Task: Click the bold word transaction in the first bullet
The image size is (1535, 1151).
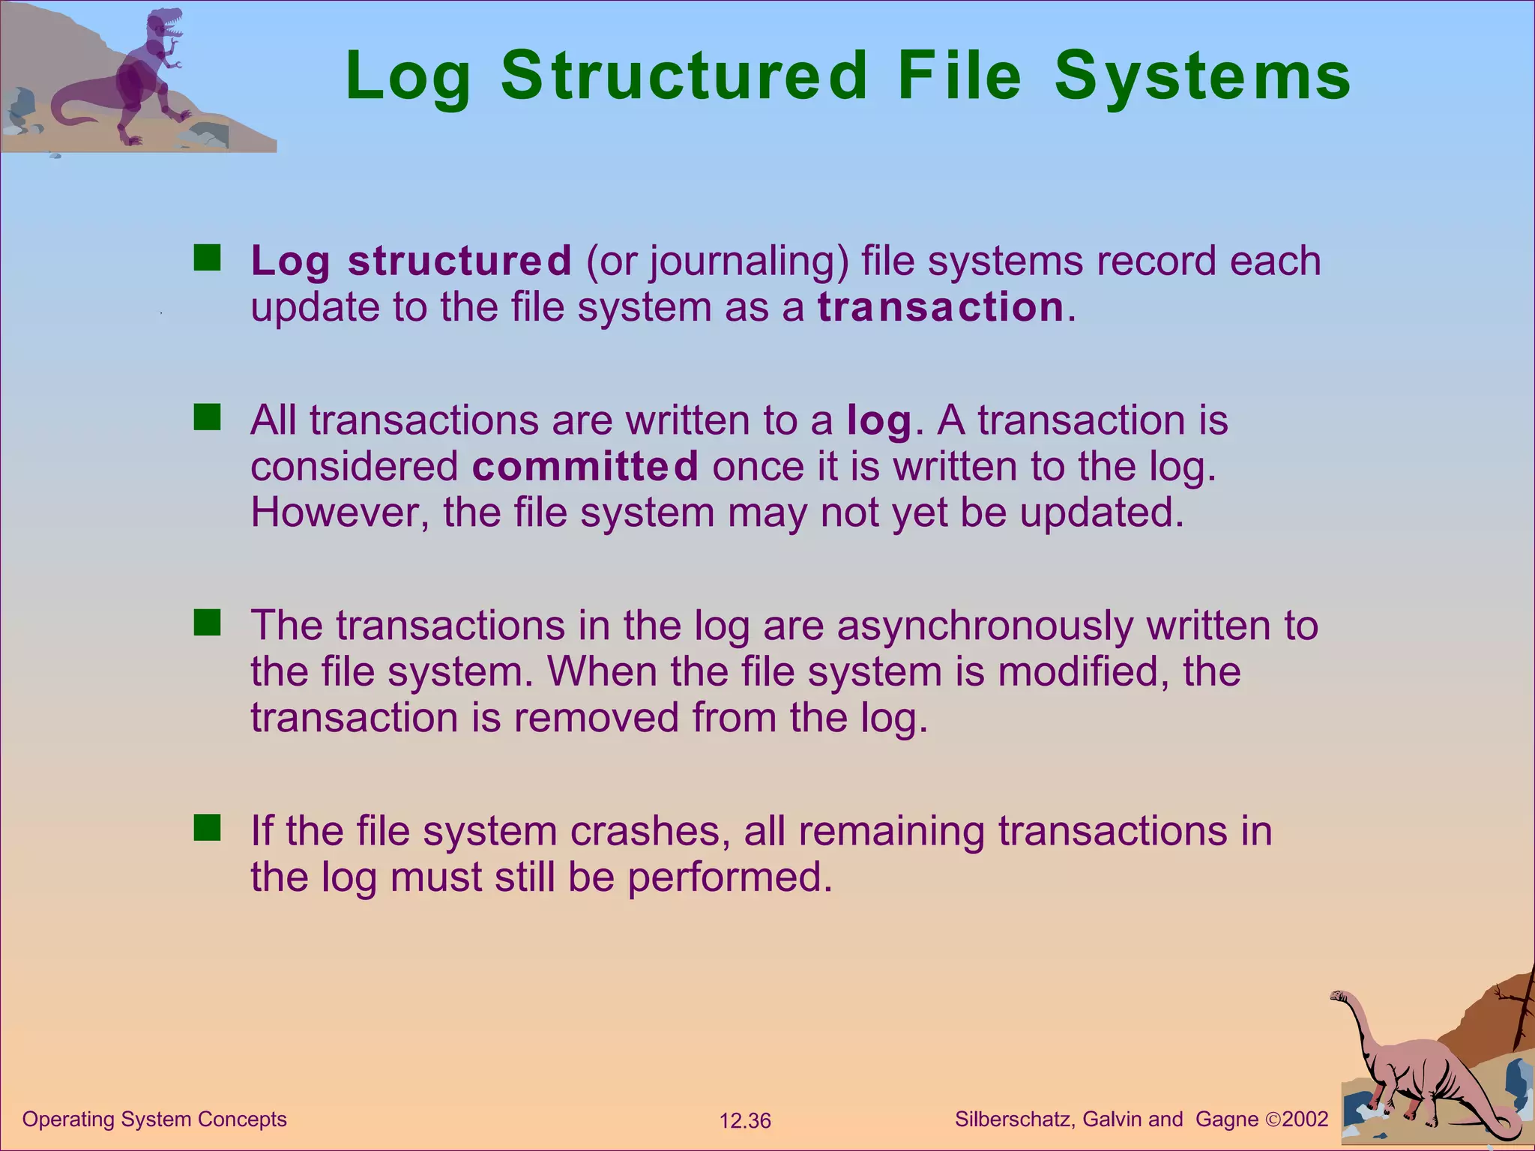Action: (941, 307)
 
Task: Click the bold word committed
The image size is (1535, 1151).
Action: (585, 466)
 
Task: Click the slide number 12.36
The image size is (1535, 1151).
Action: (744, 1121)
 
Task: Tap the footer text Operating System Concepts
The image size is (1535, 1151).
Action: (154, 1120)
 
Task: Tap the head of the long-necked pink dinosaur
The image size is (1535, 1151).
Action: (1339, 997)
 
